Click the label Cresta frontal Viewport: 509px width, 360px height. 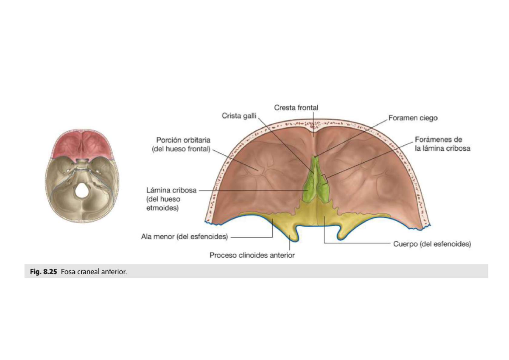296,107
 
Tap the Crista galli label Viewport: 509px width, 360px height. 239,116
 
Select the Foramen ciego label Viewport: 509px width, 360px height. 413,118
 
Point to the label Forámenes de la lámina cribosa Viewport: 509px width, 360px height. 442,144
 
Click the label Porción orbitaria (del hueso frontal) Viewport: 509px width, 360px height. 181,144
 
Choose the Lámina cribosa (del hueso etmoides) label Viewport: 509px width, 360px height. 171,199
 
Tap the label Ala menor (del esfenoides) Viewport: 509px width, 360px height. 185,237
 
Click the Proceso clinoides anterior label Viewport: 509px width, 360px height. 252,256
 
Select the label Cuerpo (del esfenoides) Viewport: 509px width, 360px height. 432,244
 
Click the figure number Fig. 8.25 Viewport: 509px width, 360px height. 43,272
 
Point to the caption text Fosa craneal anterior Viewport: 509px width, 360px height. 94,272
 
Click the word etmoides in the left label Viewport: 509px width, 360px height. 162,208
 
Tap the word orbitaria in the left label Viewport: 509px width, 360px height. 197,140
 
